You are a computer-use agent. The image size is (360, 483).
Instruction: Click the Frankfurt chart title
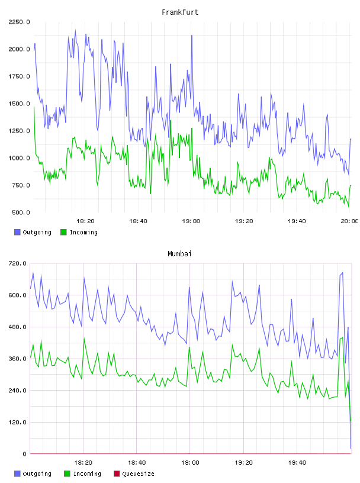pos(180,12)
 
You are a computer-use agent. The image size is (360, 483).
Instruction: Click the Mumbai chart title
pos(179,253)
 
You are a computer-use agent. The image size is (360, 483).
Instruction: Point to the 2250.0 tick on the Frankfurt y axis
pos(19,22)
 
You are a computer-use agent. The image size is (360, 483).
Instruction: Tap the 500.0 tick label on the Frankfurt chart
pos(21,212)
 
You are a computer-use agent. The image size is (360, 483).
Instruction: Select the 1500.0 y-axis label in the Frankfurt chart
pos(19,104)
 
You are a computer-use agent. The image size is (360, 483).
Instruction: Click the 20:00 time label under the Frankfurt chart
pos(349,221)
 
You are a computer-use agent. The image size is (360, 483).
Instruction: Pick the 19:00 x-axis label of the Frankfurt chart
pos(191,221)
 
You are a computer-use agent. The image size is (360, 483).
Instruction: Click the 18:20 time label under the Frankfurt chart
pos(85,221)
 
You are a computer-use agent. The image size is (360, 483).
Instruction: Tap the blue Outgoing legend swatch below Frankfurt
pos(17,232)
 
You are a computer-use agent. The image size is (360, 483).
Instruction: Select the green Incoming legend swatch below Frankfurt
pos(63,232)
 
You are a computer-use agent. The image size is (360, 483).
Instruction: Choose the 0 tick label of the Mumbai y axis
pos(24,454)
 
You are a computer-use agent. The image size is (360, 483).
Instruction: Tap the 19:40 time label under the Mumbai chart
pos(297,462)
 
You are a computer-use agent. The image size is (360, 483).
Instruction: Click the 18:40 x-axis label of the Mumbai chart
pos(137,462)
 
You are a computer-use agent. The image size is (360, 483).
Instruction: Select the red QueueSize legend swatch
pos(117,474)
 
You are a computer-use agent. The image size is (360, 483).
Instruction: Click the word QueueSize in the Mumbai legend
pos(138,474)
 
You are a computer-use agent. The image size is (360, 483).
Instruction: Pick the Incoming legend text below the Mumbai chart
pos(87,474)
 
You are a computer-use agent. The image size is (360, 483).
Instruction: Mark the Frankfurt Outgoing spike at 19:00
pos(192,36)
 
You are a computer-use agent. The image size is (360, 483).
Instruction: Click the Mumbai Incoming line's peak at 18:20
pos(84,338)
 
